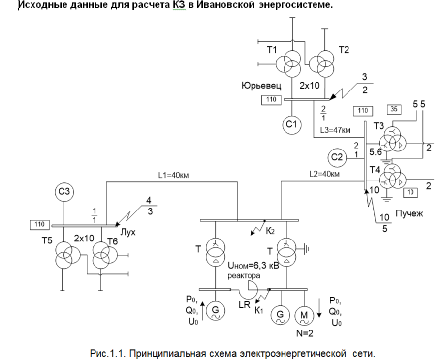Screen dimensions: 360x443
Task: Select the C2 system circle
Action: (x=337, y=158)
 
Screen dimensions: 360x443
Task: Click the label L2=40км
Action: (x=325, y=174)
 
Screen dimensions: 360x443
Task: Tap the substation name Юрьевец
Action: (x=261, y=86)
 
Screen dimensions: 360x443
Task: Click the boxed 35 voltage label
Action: (x=394, y=109)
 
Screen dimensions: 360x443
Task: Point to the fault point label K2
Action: (x=269, y=231)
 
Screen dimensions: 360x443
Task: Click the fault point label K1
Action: (x=259, y=310)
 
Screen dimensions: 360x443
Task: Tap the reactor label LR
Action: (x=244, y=304)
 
